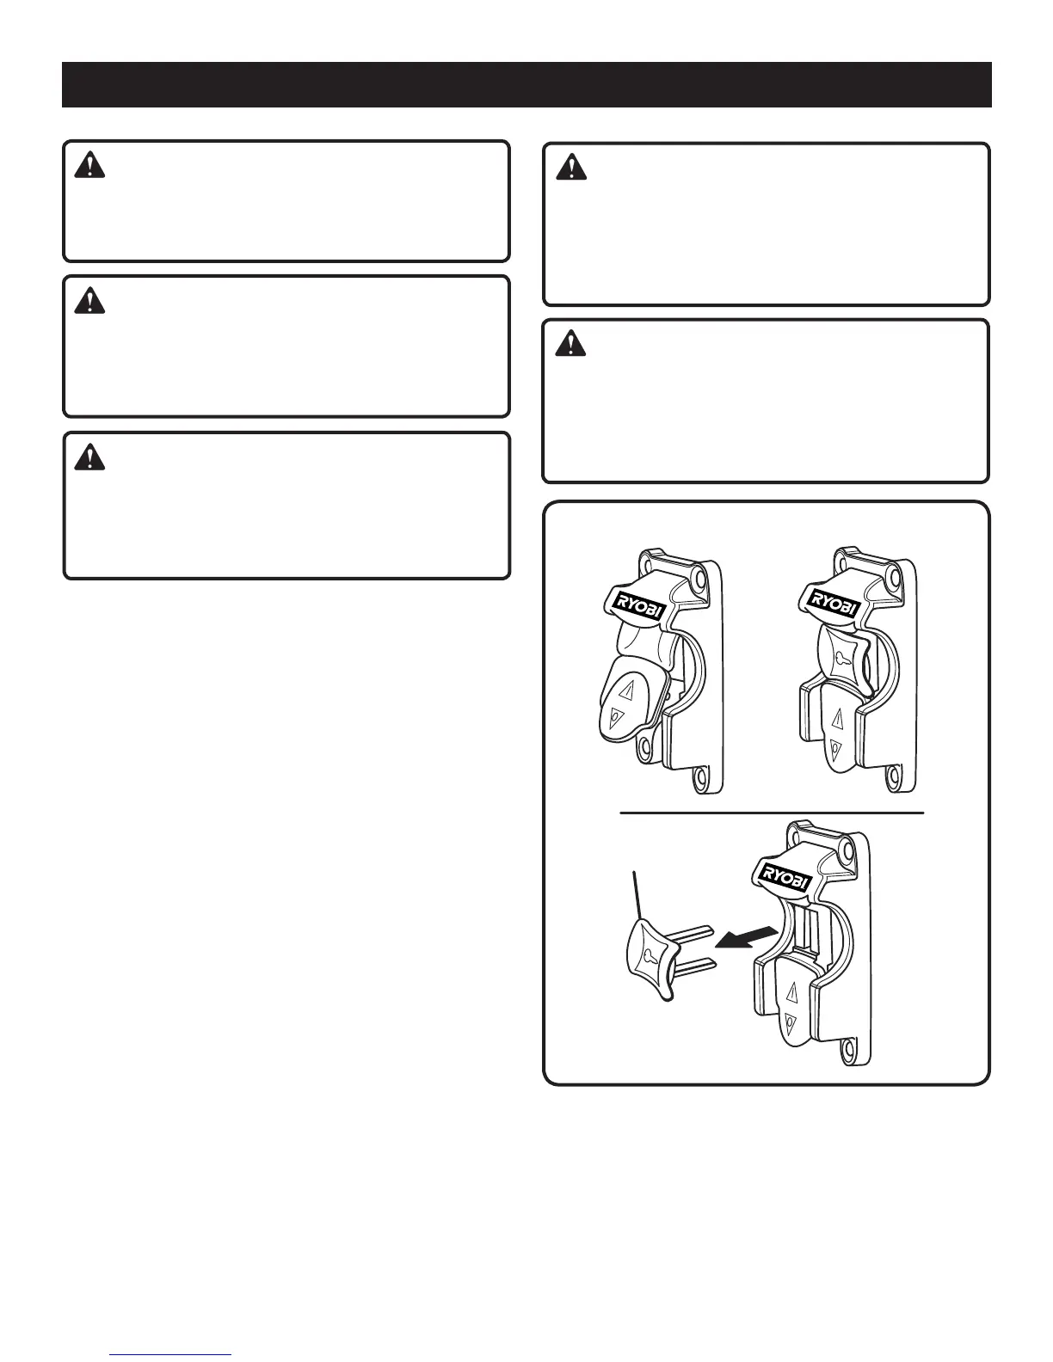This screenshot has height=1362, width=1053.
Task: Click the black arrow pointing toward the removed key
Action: [749, 939]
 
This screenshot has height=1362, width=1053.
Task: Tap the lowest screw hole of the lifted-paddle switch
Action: [701, 777]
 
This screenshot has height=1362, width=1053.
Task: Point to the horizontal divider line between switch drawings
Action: [771, 812]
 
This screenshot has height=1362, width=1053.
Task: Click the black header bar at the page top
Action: [526, 84]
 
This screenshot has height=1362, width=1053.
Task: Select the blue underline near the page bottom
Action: [171, 1354]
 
